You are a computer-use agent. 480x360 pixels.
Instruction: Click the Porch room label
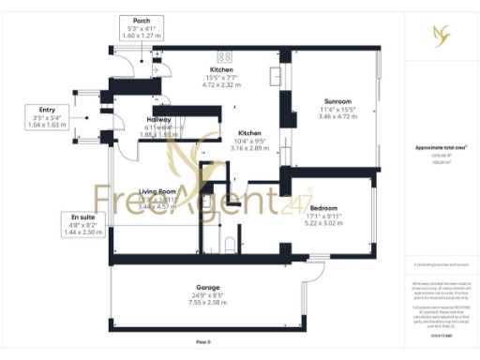pos(142,21)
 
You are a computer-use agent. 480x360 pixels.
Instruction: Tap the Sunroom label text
pos(337,100)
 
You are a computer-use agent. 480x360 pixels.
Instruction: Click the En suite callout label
pos(79,217)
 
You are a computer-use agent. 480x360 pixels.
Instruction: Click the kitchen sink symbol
pos(278,73)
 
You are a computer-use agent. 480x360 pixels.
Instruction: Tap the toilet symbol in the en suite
pos(228,245)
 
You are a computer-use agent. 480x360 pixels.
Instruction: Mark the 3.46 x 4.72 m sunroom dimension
pos(337,117)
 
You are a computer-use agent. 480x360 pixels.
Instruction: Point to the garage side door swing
pos(312,264)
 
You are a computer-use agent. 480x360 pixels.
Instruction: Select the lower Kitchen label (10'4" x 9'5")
pos(248,133)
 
